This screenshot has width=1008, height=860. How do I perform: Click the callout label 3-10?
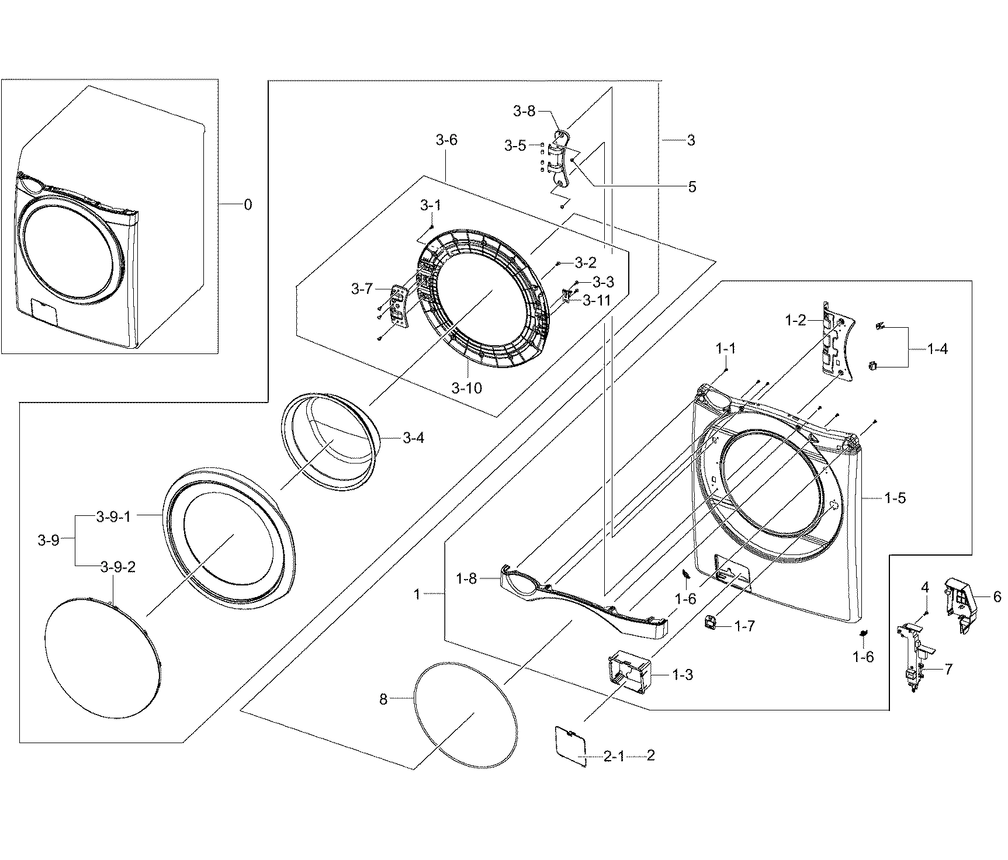(x=467, y=388)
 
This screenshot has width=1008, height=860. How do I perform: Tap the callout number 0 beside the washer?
(x=248, y=204)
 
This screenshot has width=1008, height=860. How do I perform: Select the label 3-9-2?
(x=117, y=567)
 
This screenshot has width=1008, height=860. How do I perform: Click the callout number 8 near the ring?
(x=383, y=699)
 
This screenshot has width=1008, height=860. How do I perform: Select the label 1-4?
(x=937, y=349)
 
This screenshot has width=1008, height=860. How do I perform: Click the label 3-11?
(x=595, y=301)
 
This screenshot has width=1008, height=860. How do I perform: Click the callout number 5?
(x=692, y=187)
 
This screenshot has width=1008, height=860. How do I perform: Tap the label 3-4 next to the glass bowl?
(x=413, y=438)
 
